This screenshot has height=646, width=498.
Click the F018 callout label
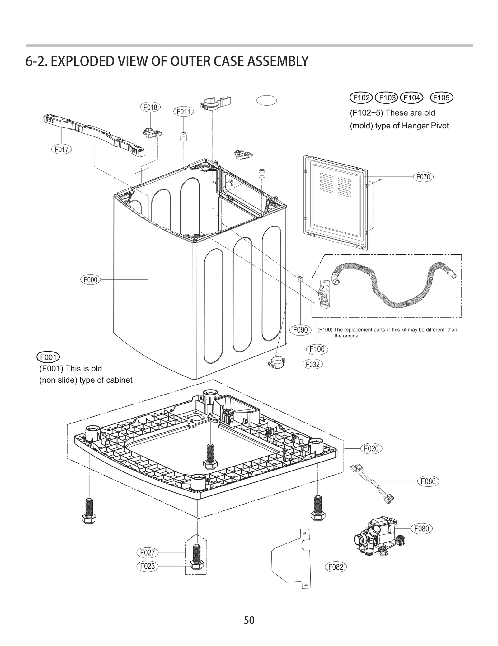(x=150, y=107)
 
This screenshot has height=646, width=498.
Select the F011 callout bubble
(x=183, y=112)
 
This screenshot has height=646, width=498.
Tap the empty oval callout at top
(x=267, y=100)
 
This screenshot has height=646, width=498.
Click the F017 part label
(x=61, y=149)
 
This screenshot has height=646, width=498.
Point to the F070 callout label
(x=423, y=177)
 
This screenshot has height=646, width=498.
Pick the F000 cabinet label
(x=90, y=280)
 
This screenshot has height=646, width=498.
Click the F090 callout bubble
(x=300, y=330)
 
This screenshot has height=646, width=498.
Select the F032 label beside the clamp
(x=312, y=364)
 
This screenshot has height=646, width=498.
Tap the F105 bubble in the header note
(x=441, y=98)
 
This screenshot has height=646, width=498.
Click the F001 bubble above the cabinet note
(x=48, y=357)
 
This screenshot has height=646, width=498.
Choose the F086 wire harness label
(x=428, y=481)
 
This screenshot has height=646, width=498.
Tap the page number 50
(x=249, y=620)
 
